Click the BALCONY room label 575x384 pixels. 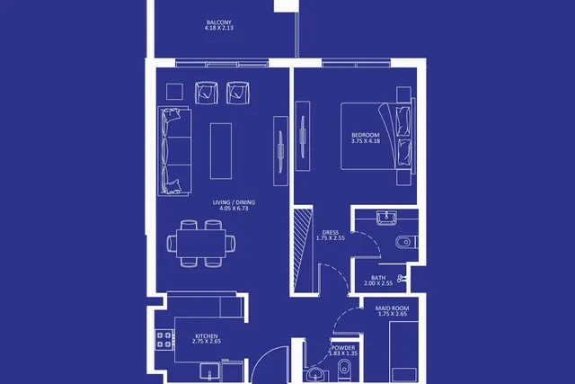click(219, 22)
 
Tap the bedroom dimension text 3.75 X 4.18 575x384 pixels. click(366, 140)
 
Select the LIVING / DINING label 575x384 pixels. click(234, 202)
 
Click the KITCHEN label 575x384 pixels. click(207, 336)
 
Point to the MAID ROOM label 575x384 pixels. click(392, 308)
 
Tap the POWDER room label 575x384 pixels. click(343, 348)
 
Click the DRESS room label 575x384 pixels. click(331, 232)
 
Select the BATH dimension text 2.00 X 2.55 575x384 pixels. click(378, 283)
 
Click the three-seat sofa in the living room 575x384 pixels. click(174, 151)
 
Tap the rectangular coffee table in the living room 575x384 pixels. click(221, 151)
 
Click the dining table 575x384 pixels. click(201, 244)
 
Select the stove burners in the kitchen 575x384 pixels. click(164, 340)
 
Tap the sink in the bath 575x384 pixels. click(386, 217)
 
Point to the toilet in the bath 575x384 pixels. click(406, 242)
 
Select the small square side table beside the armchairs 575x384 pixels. click(174, 92)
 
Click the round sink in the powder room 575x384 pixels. click(315, 374)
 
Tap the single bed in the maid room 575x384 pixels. click(403, 352)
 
